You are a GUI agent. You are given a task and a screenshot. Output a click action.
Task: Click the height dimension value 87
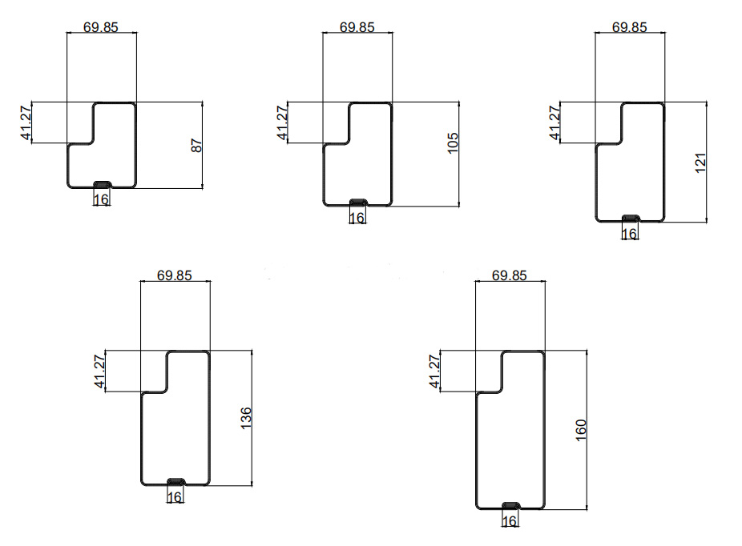click(197, 145)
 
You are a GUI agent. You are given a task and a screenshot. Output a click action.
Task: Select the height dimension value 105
click(453, 143)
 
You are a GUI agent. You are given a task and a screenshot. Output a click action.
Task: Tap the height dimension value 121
click(700, 163)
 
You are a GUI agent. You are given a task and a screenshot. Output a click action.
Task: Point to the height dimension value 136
click(246, 418)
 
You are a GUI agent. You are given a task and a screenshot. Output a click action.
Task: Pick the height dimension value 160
click(581, 430)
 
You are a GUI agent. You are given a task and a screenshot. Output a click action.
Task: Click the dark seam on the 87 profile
click(103, 184)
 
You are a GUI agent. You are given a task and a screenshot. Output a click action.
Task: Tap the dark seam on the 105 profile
click(358, 203)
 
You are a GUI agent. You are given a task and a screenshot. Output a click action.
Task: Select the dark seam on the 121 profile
click(631, 218)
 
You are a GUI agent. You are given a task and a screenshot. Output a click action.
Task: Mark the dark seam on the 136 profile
click(176, 482)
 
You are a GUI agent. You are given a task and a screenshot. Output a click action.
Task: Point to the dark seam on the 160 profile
click(511, 506)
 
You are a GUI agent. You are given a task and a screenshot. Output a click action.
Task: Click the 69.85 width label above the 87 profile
click(101, 27)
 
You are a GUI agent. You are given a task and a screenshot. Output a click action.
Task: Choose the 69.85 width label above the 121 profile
click(629, 27)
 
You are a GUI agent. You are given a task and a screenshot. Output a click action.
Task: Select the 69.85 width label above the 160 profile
click(509, 275)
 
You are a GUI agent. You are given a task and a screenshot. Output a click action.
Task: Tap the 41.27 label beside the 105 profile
click(282, 122)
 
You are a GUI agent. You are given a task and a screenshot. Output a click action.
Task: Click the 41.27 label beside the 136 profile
click(99, 371)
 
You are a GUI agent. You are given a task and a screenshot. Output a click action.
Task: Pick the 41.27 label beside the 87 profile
click(26, 122)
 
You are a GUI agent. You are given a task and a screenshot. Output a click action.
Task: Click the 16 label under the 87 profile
click(101, 200)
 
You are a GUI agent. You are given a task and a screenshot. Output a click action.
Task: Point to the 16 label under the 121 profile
click(629, 234)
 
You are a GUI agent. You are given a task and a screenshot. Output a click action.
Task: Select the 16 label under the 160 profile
click(510, 521)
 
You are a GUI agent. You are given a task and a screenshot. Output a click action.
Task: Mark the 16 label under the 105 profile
click(357, 218)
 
